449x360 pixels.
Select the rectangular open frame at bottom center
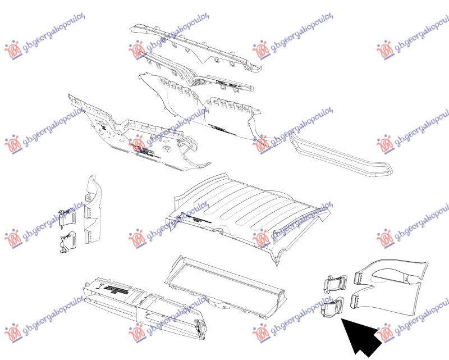pyautogui.click(x=224, y=284)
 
